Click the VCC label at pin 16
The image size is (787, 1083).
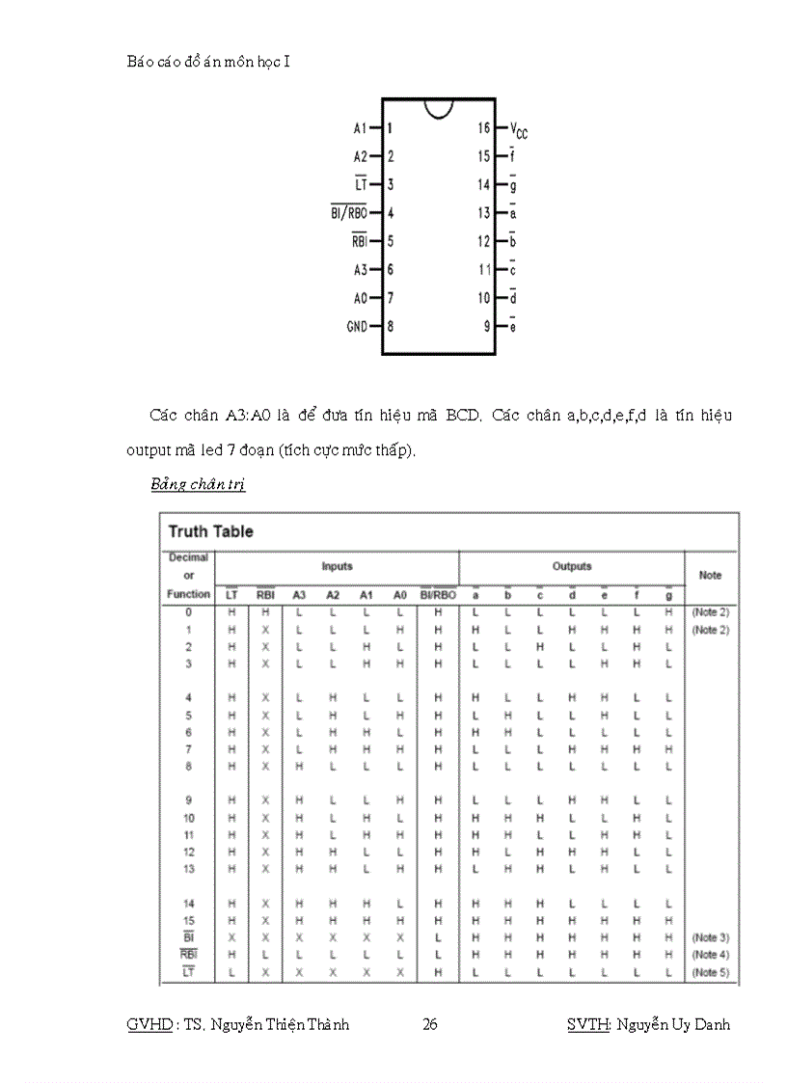(x=519, y=130)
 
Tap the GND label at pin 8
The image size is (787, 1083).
(x=357, y=327)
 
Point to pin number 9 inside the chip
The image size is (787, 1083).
(x=488, y=327)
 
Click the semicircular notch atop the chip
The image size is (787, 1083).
(x=439, y=107)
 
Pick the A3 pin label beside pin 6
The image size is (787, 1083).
(x=361, y=270)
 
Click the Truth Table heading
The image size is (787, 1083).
(x=211, y=531)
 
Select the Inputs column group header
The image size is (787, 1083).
(x=337, y=566)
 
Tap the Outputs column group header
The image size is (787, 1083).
(x=572, y=566)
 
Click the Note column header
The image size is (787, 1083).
(x=710, y=575)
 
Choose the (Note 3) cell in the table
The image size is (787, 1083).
(x=710, y=937)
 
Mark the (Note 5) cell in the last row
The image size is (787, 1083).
(x=710, y=972)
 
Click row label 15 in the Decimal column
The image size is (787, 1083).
(x=189, y=920)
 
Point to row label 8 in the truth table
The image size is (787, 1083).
(x=189, y=766)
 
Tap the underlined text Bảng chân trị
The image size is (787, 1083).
(x=198, y=484)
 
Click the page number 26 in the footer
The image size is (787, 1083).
(x=430, y=1024)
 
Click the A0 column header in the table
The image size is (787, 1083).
(x=399, y=595)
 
